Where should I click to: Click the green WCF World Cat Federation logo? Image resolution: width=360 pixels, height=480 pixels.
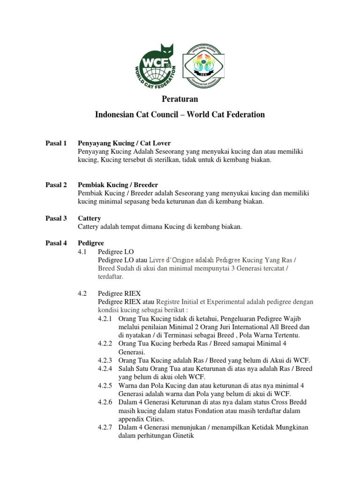157,66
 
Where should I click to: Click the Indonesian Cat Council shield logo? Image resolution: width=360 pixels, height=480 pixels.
203,66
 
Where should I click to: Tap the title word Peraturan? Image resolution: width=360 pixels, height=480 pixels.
180,99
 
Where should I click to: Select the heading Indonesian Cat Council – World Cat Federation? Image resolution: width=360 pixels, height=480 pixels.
180,114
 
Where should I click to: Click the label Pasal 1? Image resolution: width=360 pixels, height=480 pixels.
56,142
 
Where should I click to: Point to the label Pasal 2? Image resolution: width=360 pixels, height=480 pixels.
56,185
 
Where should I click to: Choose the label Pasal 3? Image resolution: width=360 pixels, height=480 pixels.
56,218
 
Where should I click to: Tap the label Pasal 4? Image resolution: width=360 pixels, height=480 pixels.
56,243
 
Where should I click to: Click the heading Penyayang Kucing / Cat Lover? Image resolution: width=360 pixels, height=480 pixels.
124,142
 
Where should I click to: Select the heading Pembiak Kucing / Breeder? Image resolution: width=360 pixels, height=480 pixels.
118,185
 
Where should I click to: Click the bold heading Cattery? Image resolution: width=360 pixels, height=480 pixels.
89,218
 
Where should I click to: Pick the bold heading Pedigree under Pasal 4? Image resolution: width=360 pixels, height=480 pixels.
90,243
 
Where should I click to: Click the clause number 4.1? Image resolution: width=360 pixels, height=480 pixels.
82,252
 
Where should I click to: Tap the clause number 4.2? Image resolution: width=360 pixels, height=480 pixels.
82,293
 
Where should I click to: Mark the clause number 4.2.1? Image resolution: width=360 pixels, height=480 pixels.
106,319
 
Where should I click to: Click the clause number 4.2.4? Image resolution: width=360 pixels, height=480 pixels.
106,368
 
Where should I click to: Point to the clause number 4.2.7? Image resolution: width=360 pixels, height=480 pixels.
106,427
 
